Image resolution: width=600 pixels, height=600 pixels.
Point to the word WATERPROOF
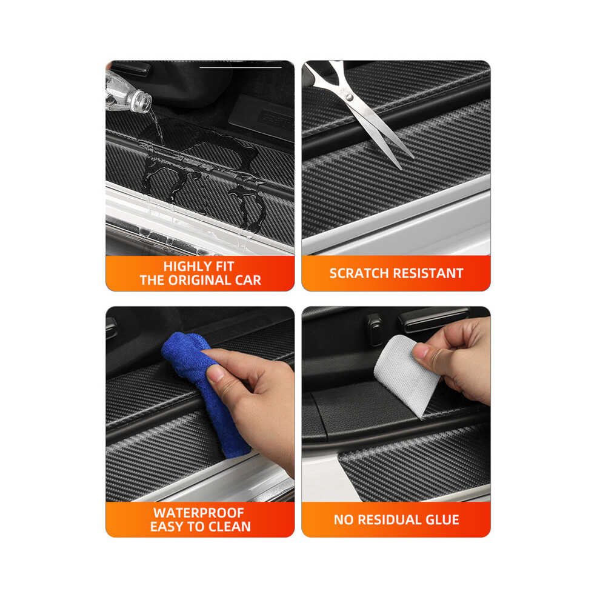[199, 513]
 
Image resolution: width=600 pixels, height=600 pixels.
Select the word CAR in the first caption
[248, 281]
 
